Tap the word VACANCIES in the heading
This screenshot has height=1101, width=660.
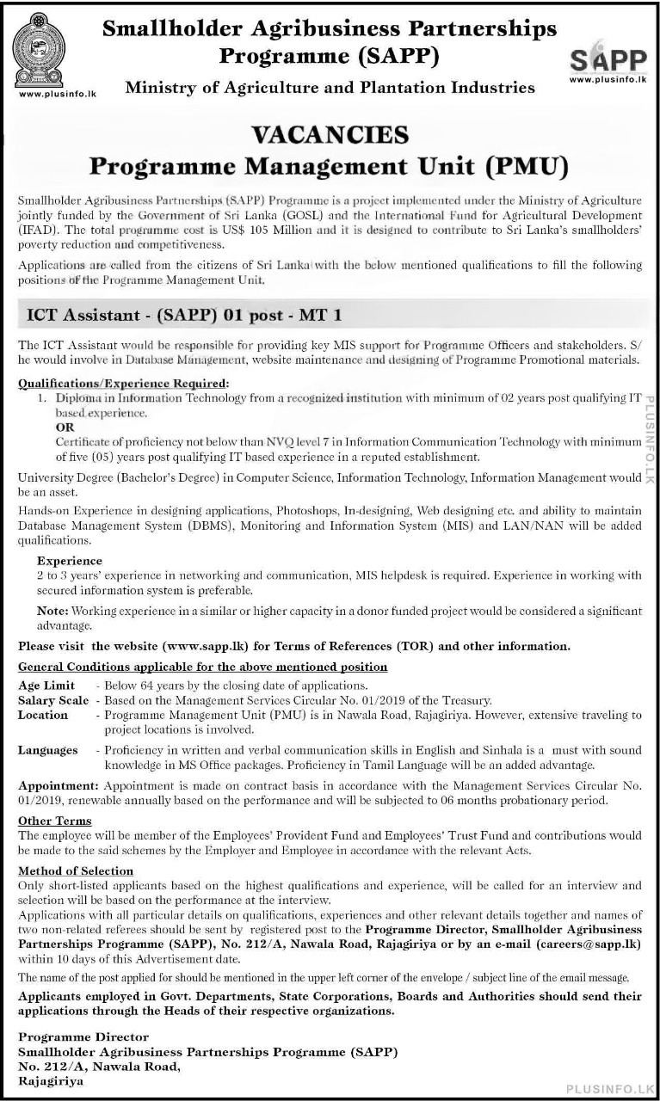pos(329,134)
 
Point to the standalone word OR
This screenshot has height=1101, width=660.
pos(65,427)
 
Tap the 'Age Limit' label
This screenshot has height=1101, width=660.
pos(46,686)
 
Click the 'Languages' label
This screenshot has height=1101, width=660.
pos(48,750)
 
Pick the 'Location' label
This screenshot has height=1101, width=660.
pos(43,715)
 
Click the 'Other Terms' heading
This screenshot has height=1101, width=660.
pos(54,821)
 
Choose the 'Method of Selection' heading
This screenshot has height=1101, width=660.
pos(76,871)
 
